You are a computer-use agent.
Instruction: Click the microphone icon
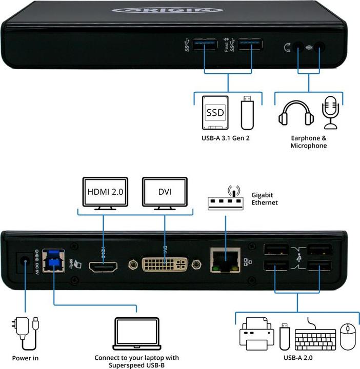click(x=330, y=113)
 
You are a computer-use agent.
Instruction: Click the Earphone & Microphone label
click(x=308, y=142)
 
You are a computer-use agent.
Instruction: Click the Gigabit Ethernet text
click(x=265, y=199)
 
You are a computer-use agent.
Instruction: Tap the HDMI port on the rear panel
click(x=103, y=267)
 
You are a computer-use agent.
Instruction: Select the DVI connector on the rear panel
click(x=165, y=265)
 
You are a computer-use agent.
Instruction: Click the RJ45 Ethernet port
click(x=224, y=260)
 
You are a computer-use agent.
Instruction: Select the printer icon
click(x=256, y=334)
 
